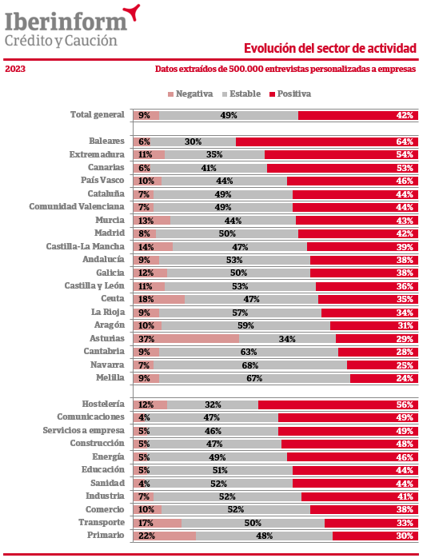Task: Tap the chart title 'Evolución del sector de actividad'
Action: (330, 48)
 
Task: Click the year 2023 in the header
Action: (15, 69)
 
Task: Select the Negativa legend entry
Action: (190, 94)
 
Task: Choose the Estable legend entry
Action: (241, 94)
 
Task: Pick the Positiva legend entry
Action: (290, 94)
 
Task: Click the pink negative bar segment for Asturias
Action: (186, 338)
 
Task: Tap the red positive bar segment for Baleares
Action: (327, 141)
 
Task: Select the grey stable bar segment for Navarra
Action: (250, 365)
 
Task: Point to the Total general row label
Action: (98, 114)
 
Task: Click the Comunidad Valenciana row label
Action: (77, 207)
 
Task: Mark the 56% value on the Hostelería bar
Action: (405, 405)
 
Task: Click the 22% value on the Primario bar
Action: (146, 536)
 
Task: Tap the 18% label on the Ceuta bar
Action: (146, 299)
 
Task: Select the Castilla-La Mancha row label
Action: (85, 246)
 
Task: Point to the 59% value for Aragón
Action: (245, 325)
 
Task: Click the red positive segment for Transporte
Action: (371, 523)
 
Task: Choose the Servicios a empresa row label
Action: (84, 430)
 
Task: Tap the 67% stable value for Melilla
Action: (254, 378)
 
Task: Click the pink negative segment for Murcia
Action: (152, 221)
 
